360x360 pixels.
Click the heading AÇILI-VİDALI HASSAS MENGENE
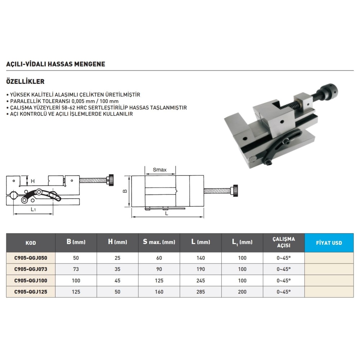pyautogui.click(x=55, y=64)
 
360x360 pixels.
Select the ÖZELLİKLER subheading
pyautogui.click(x=25, y=81)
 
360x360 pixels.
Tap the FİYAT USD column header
pyautogui.click(x=329, y=243)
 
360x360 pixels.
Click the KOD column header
pyautogui.click(x=31, y=243)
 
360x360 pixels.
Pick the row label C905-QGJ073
pyautogui.click(x=31, y=269)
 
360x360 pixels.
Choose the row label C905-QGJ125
pyautogui.click(x=31, y=292)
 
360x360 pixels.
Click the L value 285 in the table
pyautogui.click(x=201, y=292)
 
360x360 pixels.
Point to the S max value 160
pyautogui.click(x=159, y=292)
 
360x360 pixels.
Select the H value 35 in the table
pyautogui.click(x=118, y=269)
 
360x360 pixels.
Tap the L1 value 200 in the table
pyautogui.click(x=242, y=292)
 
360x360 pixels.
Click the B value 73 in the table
pyautogui.click(x=76, y=269)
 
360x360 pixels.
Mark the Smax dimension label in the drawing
pyautogui.click(x=159, y=170)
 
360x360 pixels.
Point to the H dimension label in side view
pyautogui.click(x=33, y=181)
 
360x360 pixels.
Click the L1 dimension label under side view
pyautogui.click(x=33, y=210)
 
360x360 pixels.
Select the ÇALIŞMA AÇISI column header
pyautogui.click(x=284, y=242)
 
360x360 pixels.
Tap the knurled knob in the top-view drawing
pyautogui.click(x=235, y=191)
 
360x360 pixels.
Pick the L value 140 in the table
pyautogui.click(x=201, y=258)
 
